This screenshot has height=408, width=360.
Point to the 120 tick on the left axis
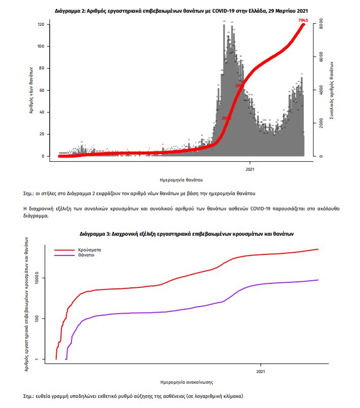(x=41, y=24)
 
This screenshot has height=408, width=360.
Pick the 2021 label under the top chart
(x=250, y=169)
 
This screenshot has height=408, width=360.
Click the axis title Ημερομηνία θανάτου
(x=181, y=179)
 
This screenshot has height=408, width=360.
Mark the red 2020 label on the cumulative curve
(x=226, y=118)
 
